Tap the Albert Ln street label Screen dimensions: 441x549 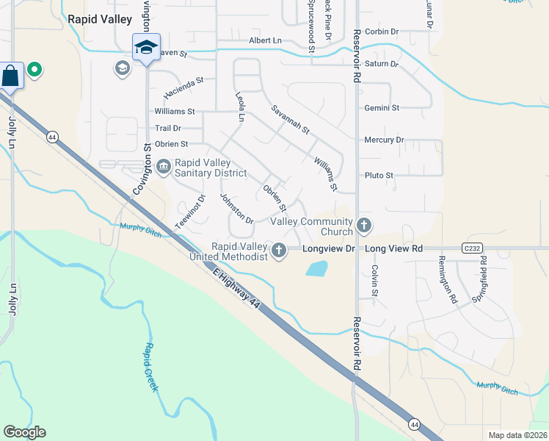(x=265, y=40)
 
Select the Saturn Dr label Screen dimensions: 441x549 (x=382, y=64)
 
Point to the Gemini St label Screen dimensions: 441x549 (x=382, y=107)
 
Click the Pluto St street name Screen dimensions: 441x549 (x=379, y=176)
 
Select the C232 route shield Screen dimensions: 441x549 (x=473, y=248)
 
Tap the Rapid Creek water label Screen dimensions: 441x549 (x=150, y=367)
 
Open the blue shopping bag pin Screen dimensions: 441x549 (x=11, y=75)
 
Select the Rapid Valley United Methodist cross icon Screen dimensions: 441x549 (x=278, y=251)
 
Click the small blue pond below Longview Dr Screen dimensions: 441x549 (x=316, y=269)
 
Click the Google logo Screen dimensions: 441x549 (x=25, y=432)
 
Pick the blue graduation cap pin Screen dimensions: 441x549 (x=146, y=48)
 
